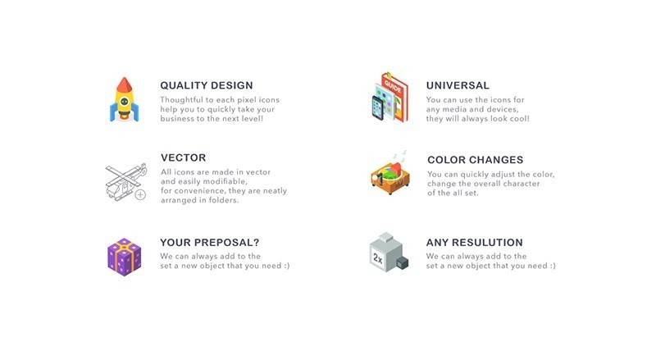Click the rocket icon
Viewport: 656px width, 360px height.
[x=122, y=100]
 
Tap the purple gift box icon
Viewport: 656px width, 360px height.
[x=124, y=256]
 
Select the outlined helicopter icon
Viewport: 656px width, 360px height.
[x=123, y=180]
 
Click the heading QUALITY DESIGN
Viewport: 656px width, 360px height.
[x=206, y=85]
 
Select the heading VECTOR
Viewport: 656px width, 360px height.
[x=183, y=157]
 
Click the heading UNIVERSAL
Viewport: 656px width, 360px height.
[x=458, y=85]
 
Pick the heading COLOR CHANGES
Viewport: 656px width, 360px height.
[x=475, y=160]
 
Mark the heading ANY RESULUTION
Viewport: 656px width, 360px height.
[x=474, y=243]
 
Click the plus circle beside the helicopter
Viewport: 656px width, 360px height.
[x=140, y=194]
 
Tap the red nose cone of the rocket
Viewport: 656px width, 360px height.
[x=122, y=83]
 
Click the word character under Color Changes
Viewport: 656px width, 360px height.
[x=519, y=184]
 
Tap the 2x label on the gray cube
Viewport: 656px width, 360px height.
[x=378, y=257]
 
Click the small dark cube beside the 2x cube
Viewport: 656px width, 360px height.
[x=402, y=263]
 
